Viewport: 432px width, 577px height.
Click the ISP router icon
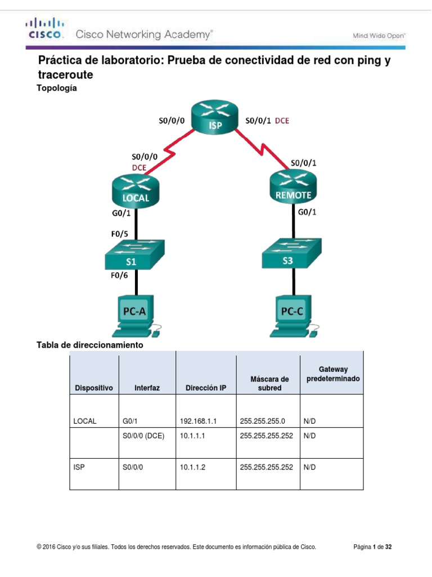click(x=215, y=118)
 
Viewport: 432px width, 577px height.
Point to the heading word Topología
click(x=56, y=88)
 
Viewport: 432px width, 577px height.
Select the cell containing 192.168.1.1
click(x=198, y=421)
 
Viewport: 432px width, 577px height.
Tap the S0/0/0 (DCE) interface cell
click(x=143, y=436)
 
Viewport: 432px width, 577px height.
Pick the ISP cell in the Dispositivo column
click(x=79, y=467)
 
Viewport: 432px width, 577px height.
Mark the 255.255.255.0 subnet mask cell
click(x=262, y=421)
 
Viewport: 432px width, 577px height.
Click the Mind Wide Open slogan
click(x=379, y=35)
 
